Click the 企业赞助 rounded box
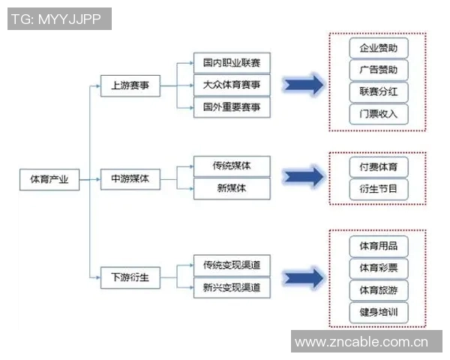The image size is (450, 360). tap(379, 49)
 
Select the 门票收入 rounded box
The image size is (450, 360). tap(379, 114)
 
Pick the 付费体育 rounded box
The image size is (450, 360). tap(379, 166)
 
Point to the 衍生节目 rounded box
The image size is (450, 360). tap(379, 188)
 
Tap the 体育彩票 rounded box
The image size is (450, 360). tap(379, 268)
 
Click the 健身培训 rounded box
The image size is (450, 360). tap(379, 312)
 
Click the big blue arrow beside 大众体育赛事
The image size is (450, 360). tap(304, 85)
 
